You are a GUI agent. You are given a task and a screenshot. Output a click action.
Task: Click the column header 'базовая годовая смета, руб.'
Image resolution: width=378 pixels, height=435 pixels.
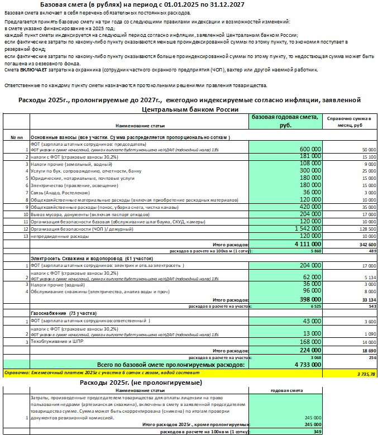point(285,121)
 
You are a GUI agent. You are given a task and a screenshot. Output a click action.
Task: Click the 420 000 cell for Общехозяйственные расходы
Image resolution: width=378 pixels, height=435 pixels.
point(308,206)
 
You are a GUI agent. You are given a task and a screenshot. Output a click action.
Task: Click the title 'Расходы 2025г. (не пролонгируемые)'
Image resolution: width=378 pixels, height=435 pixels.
point(141,383)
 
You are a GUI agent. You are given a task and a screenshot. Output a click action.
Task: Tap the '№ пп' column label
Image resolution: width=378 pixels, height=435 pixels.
point(17,137)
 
